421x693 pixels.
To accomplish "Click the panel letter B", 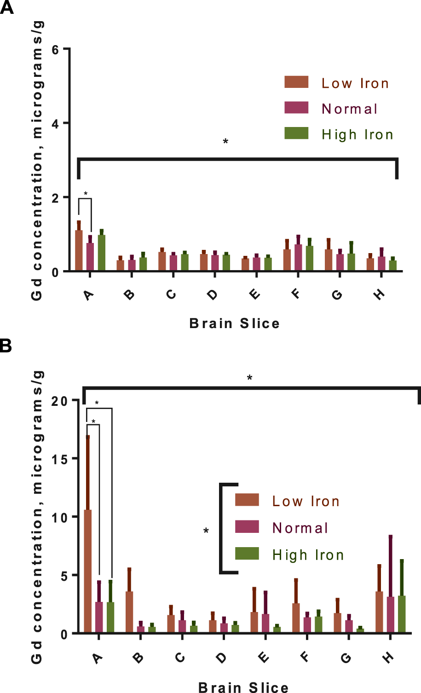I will (x=6, y=346).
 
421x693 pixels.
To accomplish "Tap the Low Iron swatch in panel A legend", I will (x=296, y=82).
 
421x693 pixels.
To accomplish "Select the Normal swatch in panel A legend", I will (x=296, y=108).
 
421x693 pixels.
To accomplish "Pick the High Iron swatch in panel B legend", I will (x=247, y=554).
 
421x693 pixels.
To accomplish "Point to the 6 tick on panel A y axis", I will (x=56, y=49).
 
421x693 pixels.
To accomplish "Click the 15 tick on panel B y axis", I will (x=58, y=459).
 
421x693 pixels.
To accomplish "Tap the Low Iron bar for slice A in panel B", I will (x=87, y=571).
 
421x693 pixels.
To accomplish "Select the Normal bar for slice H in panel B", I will (x=391, y=614).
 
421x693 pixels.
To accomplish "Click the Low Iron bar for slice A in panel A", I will (x=79, y=250).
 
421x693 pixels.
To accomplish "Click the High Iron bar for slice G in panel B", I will (x=360, y=630).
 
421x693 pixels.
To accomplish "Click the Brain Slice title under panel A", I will (x=234, y=323).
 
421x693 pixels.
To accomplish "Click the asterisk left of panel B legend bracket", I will (x=206, y=531).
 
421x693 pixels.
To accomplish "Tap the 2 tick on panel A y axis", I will (x=56, y=198).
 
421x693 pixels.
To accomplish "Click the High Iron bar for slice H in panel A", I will (x=392, y=266).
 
